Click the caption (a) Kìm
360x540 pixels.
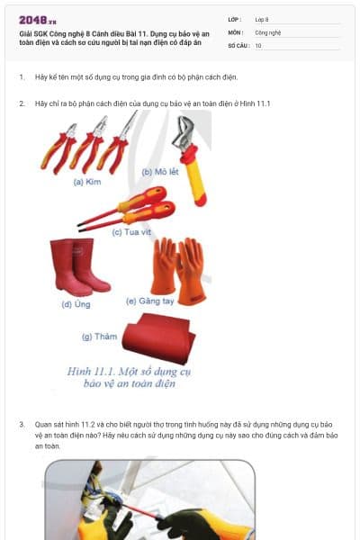pyautogui.click(x=87, y=181)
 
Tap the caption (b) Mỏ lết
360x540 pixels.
pyautogui.click(x=161, y=171)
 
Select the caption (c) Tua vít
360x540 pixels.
pyautogui.click(x=130, y=231)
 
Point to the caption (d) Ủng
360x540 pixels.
pyautogui.click(x=76, y=303)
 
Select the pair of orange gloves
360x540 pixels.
pyautogui.click(x=177, y=267)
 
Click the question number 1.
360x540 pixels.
pyautogui.click(x=22, y=77)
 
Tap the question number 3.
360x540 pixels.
pyautogui.click(x=22, y=423)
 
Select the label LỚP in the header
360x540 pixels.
pyautogui.click(x=234, y=19)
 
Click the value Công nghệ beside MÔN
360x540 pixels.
pyautogui.click(x=268, y=31)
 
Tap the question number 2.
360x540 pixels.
pyautogui.click(x=22, y=104)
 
